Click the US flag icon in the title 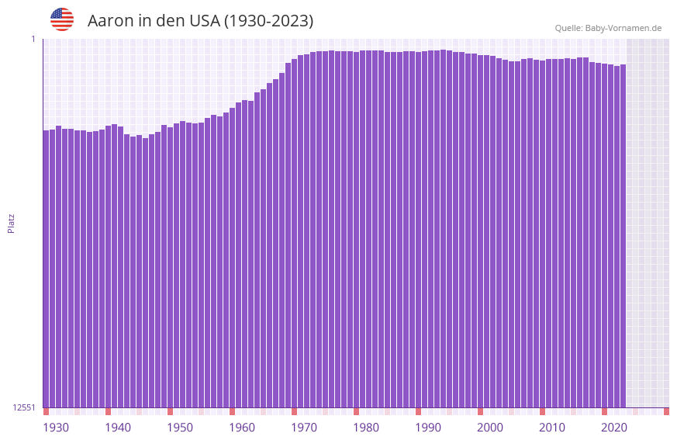[62, 19]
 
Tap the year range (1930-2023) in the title [268, 21]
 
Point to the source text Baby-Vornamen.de [623, 28]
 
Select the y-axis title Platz [11, 223]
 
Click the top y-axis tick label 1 [33, 39]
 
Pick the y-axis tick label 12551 [24, 407]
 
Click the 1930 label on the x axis [56, 428]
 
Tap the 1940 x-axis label [118, 428]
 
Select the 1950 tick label [180, 428]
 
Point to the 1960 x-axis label [242, 428]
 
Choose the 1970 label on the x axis [304, 428]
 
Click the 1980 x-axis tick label [366, 428]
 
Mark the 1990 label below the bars [428, 428]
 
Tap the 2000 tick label [490, 428]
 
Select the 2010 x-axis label [552, 428]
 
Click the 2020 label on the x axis [614, 428]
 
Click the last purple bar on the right [623, 233]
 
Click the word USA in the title [204, 21]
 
